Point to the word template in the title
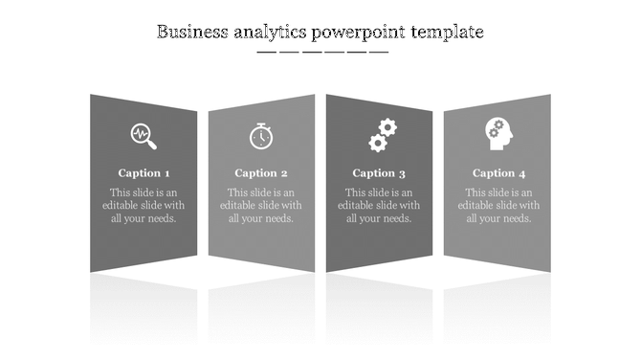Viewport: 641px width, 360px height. [x=448, y=34]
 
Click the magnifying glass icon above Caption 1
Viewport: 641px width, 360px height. [x=144, y=136]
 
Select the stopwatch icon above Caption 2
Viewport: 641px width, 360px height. [x=261, y=136]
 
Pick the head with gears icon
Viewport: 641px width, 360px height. [x=498, y=134]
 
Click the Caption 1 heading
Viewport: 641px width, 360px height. [x=144, y=173]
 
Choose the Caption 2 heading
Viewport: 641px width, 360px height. [x=261, y=173]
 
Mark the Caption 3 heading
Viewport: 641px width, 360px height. [x=379, y=173]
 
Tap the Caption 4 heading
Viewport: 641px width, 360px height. [x=498, y=173]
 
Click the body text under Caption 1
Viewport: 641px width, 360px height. [x=144, y=205]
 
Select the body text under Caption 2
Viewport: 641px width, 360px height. [x=261, y=205]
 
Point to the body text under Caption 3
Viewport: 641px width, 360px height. [x=379, y=205]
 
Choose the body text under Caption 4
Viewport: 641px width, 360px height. [x=498, y=205]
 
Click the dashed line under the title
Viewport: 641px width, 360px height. [x=322, y=52]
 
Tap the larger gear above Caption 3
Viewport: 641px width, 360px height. [x=387, y=127]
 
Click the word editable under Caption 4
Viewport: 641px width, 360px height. [x=478, y=205]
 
